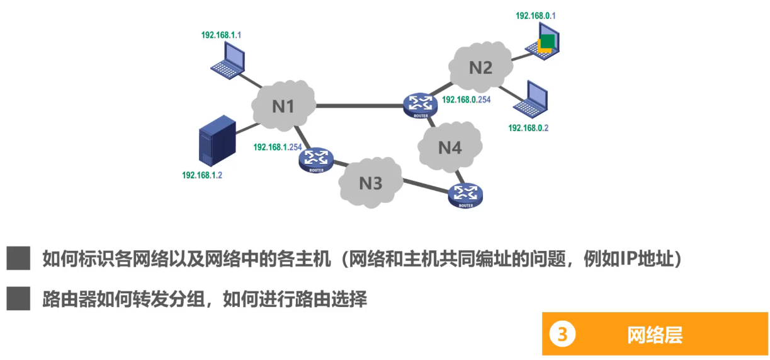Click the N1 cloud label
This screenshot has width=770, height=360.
point(283,107)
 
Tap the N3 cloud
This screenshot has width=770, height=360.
point(370,183)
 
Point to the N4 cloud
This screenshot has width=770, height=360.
point(450,148)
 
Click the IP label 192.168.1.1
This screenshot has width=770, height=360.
point(221,35)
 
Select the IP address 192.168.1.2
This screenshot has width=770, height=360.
point(201,175)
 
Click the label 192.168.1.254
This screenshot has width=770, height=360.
point(278,146)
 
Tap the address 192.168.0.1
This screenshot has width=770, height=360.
point(535,16)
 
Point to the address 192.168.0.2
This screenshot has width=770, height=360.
point(528,128)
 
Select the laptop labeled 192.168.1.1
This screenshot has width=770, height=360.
point(228,61)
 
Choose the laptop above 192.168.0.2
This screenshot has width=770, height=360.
point(531,99)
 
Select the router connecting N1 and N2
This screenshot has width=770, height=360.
point(420,105)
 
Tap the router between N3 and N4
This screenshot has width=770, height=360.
point(466,195)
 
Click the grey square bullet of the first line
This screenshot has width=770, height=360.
point(19,258)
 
